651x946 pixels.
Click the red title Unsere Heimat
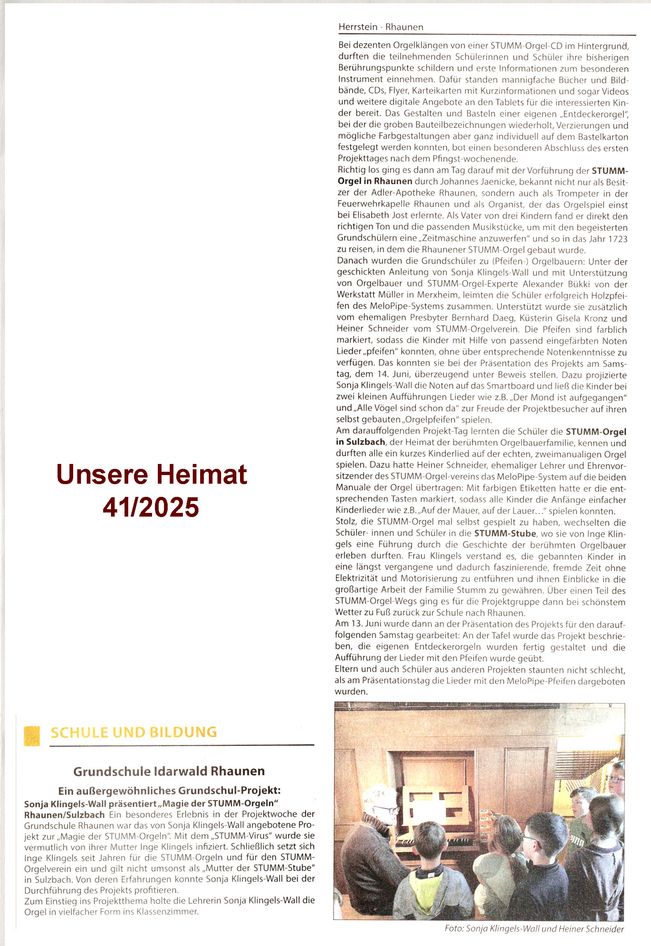click(152, 474)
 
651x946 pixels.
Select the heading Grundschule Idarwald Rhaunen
click(169, 771)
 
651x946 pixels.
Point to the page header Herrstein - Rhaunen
click(381, 27)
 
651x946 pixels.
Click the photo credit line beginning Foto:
click(534, 929)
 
